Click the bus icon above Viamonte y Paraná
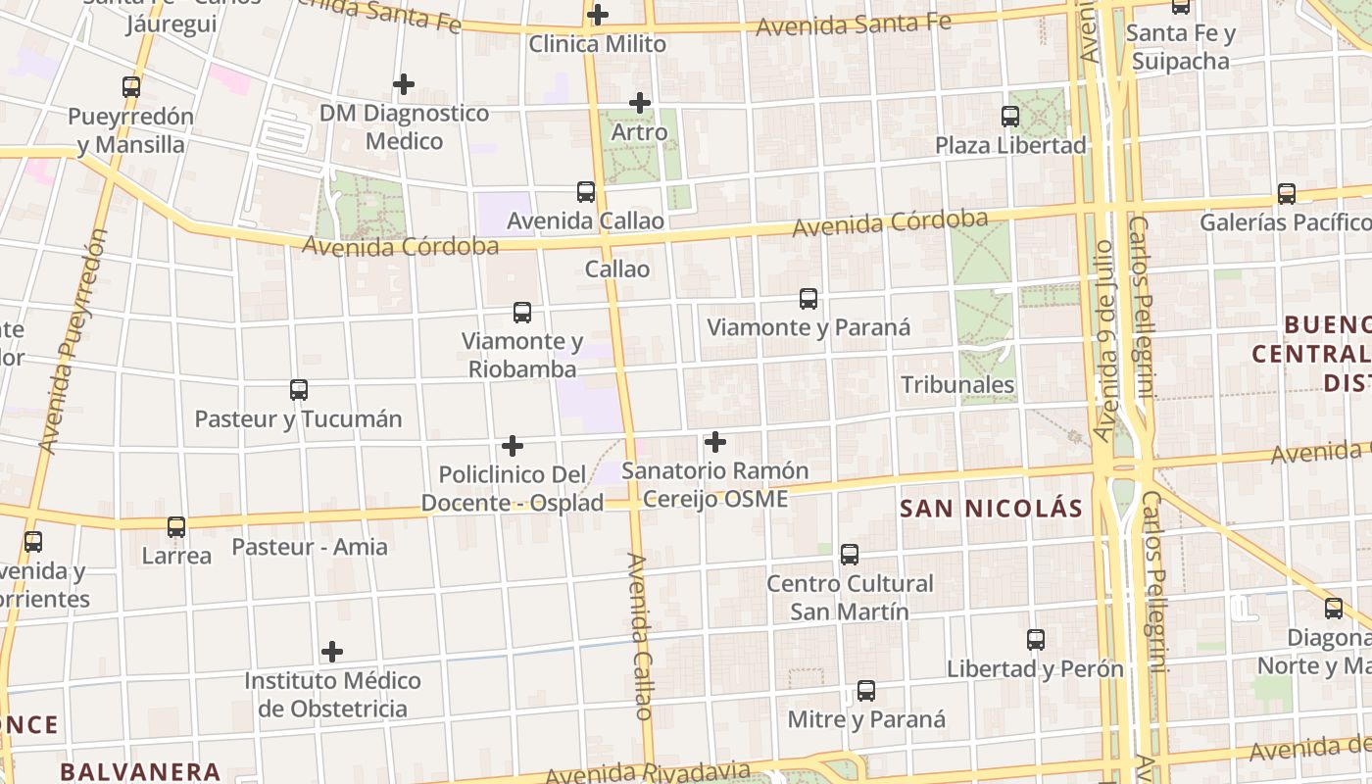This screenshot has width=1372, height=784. pyautogui.click(x=808, y=299)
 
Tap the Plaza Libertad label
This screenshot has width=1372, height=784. pyautogui.click(x=1010, y=145)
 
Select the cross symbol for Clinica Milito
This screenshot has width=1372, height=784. pyautogui.click(x=598, y=15)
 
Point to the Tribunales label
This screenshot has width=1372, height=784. pyautogui.click(x=957, y=384)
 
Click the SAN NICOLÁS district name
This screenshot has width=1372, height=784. pyautogui.click(x=991, y=508)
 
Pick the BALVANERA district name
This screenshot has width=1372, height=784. pyautogui.click(x=140, y=771)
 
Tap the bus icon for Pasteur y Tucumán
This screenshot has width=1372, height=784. pyautogui.click(x=299, y=390)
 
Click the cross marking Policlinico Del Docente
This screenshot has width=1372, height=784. pyautogui.click(x=512, y=447)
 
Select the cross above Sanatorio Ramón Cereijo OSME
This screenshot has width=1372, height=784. pyautogui.click(x=715, y=442)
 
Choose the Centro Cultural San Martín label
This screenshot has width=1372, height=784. pyautogui.click(x=850, y=597)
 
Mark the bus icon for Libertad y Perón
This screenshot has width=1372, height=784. pyautogui.click(x=1036, y=640)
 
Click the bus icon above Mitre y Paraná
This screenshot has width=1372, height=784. pyautogui.click(x=866, y=691)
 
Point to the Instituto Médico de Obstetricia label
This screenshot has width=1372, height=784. pyautogui.click(x=332, y=694)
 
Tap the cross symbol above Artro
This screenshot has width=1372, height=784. pyautogui.click(x=640, y=102)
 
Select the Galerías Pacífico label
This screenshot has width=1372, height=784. pyautogui.click(x=1285, y=222)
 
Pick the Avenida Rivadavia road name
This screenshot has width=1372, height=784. pyautogui.click(x=647, y=772)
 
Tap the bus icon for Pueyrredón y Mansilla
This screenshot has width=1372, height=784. pyautogui.click(x=131, y=86)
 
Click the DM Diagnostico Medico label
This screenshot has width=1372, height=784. pyautogui.click(x=404, y=126)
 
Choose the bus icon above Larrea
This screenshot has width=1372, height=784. pyautogui.click(x=176, y=527)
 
